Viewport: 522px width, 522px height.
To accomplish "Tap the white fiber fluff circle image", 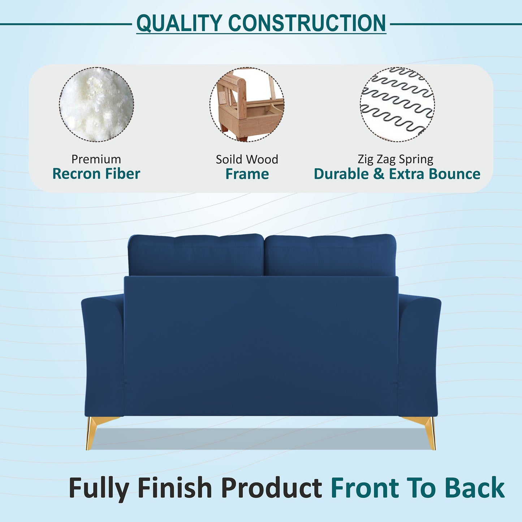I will click(96, 104).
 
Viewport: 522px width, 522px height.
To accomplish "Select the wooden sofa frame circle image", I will click(247, 104).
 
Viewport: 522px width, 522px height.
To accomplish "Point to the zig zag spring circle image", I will click(397, 104).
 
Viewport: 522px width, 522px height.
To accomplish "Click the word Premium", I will click(96, 159).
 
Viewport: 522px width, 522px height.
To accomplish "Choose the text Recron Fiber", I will click(96, 174).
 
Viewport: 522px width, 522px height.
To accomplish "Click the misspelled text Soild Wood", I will click(247, 159).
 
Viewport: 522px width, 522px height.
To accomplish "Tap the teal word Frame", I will click(247, 174).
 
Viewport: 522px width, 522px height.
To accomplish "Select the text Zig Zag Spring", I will click(395, 159).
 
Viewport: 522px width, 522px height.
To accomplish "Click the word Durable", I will click(341, 174).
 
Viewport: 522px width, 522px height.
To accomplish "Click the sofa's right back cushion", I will click(330, 255).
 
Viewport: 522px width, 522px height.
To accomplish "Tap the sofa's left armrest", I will click(103, 354).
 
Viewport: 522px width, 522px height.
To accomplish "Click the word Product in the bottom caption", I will click(271, 488).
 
